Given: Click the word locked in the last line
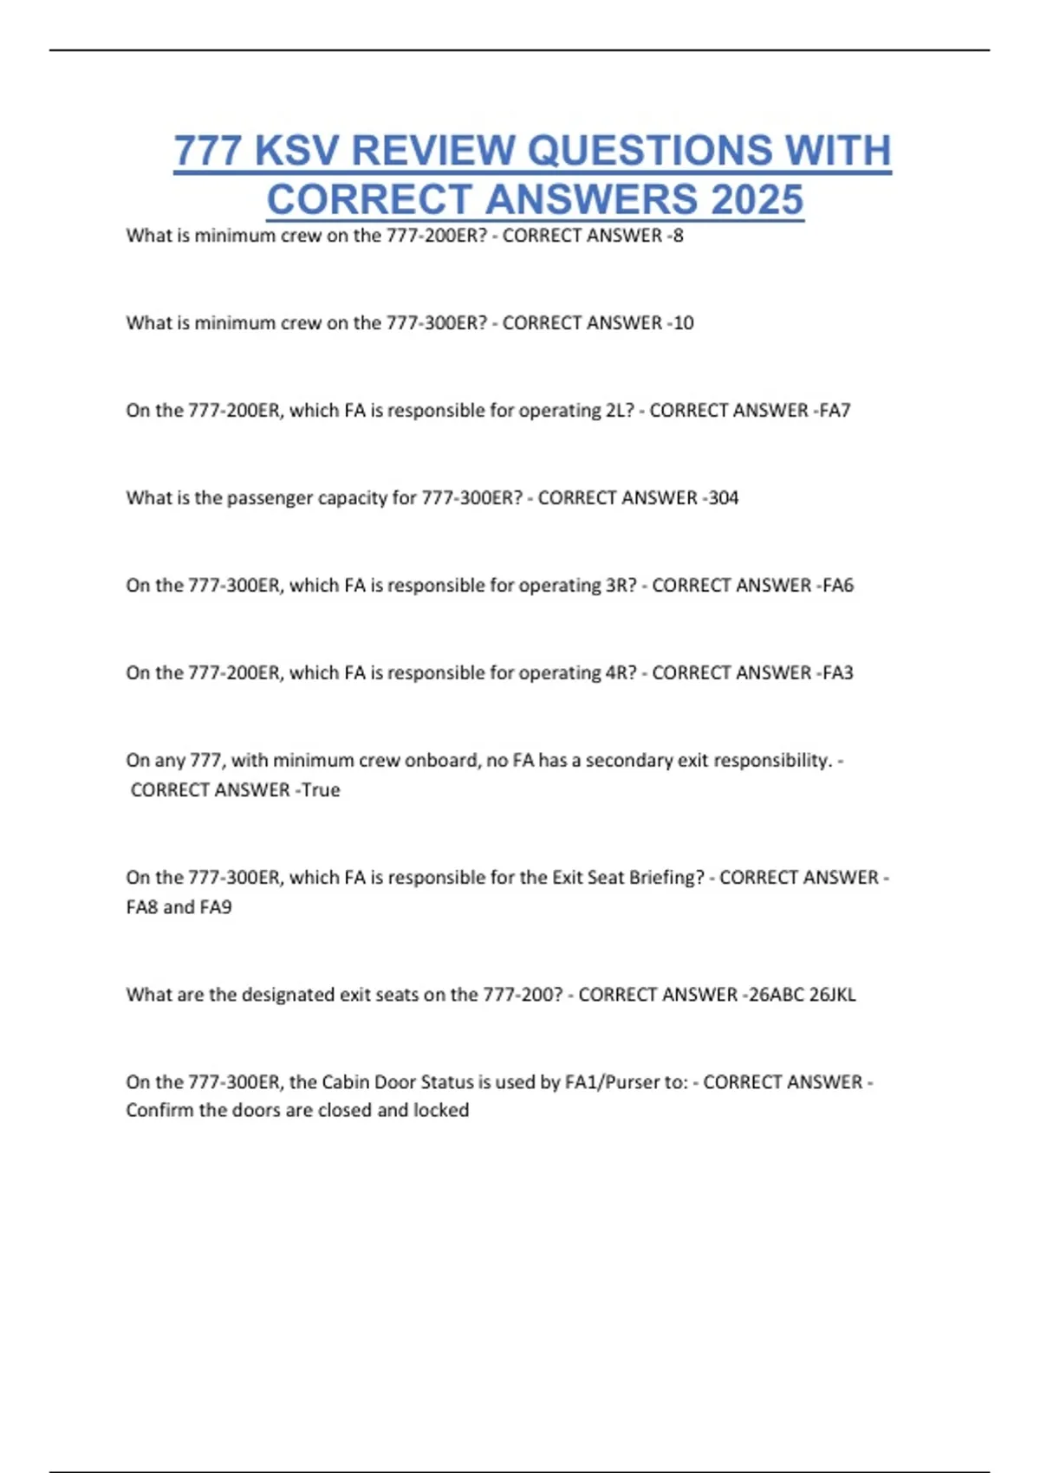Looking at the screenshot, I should [441, 1110].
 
